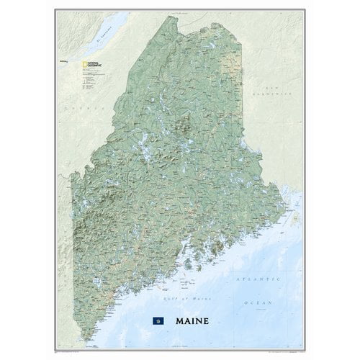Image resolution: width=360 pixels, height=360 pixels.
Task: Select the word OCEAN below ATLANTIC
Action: tap(257, 287)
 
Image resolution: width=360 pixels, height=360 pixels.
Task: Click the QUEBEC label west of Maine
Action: tap(78, 108)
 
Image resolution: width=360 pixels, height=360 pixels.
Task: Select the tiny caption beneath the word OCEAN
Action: tap(257, 292)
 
